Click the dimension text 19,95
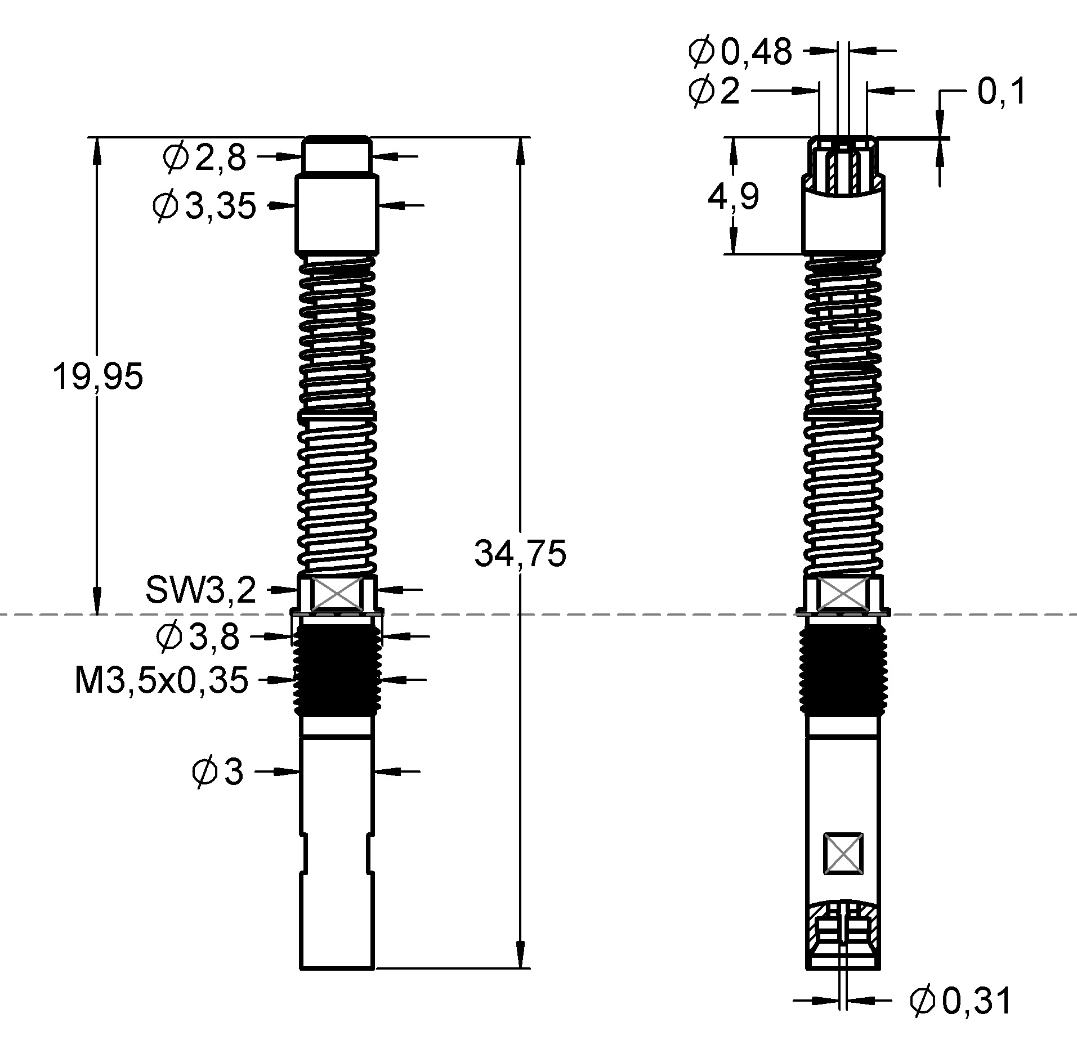click(97, 376)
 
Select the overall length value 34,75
click(520, 554)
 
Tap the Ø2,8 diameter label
click(204, 158)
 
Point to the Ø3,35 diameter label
click(204, 206)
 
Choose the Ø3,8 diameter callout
click(198, 637)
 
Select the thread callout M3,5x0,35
click(162, 680)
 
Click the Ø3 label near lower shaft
click(217, 772)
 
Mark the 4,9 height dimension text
click(733, 197)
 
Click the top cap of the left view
click(337, 155)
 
